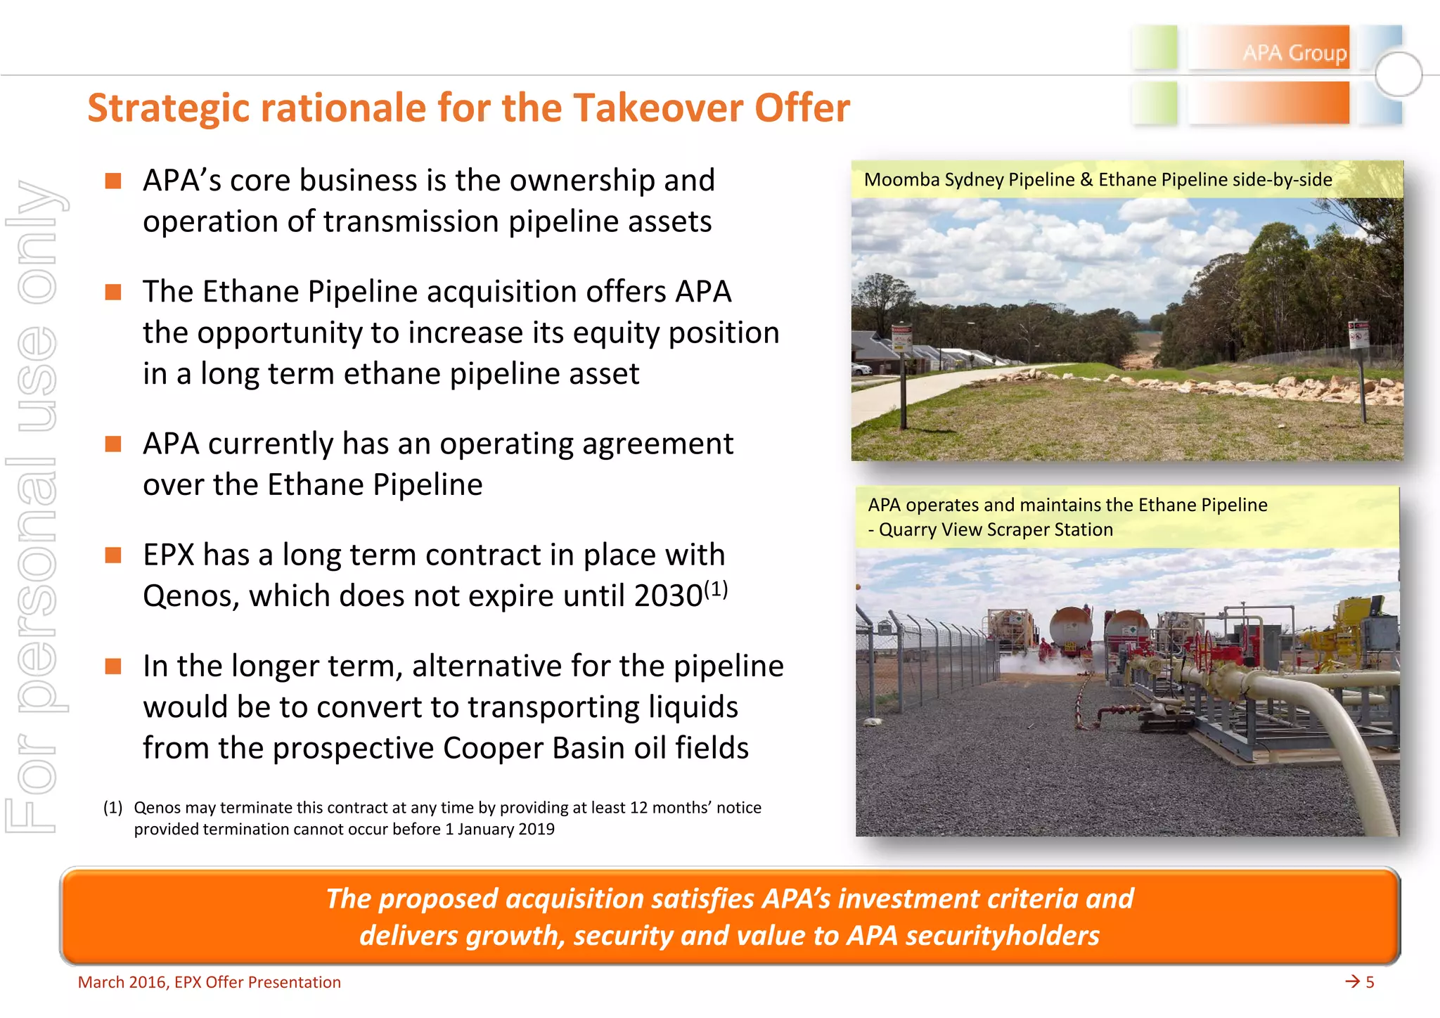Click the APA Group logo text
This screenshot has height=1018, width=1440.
click(x=1294, y=53)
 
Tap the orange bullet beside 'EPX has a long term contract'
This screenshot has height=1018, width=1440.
click(x=113, y=555)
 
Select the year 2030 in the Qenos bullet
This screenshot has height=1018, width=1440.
click(x=668, y=596)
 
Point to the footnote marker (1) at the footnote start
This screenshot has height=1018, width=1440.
click(x=112, y=807)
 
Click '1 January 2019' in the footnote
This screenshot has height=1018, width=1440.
click(x=499, y=830)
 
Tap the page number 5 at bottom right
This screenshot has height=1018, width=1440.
click(x=1369, y=982)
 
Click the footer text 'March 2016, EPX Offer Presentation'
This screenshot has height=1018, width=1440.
click(x=209, y=982)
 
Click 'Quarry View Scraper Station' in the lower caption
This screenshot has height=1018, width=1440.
click(x=996, y=529)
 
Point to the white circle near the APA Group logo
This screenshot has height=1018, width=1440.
click(x=1398, y=74)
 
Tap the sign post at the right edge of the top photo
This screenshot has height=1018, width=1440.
click(x=1359, y=366)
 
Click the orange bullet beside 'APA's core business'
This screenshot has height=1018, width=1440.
click(x=113, y=181)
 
